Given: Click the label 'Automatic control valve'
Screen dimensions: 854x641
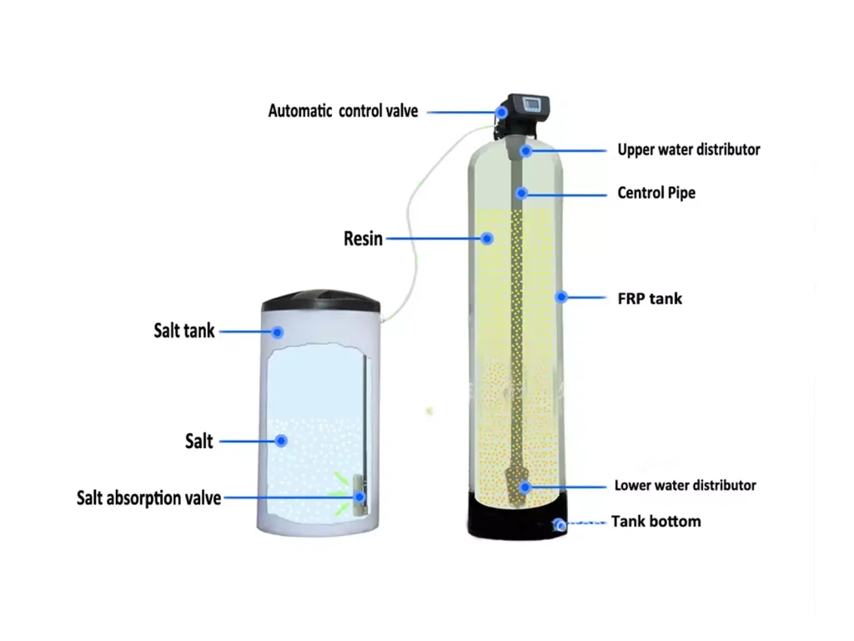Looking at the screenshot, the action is [x=343, y=111].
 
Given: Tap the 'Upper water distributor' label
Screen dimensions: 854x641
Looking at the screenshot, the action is [x=688, y=149].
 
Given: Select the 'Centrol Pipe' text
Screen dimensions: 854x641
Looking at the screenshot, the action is [x=656, y=193].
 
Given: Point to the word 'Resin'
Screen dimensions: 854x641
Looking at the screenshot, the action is [x=363, y=239].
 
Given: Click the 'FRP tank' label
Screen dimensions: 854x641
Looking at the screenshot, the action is [x=650, y=299].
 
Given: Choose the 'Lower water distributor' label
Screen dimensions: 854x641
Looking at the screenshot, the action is [x=686, y=485].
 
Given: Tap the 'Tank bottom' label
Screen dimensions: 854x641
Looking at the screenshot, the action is [x=656, y=522].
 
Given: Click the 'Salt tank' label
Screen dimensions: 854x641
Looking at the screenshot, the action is [x=184, y=331].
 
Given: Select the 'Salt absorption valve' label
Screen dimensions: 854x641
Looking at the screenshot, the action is [x=148, y=498].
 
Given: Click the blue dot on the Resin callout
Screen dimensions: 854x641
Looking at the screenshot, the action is [x=487, y=238].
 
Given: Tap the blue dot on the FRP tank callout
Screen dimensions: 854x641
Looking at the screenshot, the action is [x=561, y=297].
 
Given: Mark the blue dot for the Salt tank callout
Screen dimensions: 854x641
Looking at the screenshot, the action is [x=277, y=332].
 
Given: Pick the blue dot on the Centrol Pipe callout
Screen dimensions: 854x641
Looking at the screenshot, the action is [x=522, y=193].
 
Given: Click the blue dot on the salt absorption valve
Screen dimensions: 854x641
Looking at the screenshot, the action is [x=359, y=497].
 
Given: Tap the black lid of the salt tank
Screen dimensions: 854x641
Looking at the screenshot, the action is [x=321, y=300].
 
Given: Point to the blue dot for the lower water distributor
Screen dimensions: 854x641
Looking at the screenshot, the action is [x=525, y=487].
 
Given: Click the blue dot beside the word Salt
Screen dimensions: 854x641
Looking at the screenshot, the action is [x=281, y=441].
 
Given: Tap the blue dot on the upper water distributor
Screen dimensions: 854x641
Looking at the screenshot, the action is [x=525, y=150].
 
